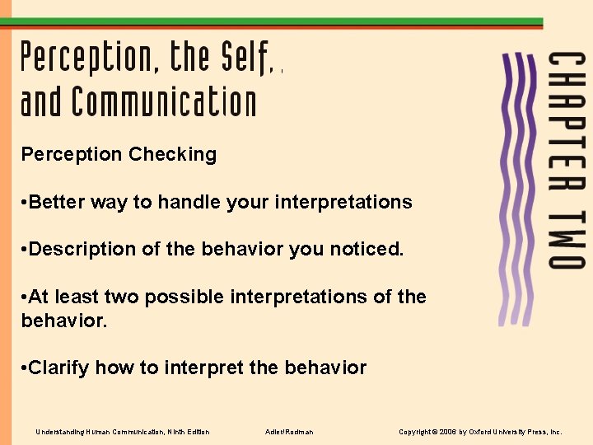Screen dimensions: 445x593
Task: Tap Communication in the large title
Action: click(164, 103)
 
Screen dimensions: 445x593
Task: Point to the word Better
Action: click(56, 202)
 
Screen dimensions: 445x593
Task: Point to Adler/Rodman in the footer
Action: click(289, 432)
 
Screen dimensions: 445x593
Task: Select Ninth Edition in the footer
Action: click(189, 432)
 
